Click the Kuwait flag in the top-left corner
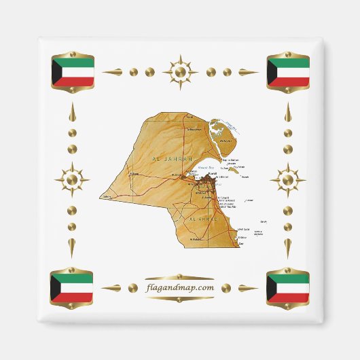click(73, 72)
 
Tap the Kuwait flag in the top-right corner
click(288, 72)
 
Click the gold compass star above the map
click(180, 71)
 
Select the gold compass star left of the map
click(72, 180)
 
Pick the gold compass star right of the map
click(288, 180)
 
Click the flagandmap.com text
click(180, 288)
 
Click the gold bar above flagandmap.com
click(180, 277)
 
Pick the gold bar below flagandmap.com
click(180, 299)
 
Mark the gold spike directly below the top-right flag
click(288, 112)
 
